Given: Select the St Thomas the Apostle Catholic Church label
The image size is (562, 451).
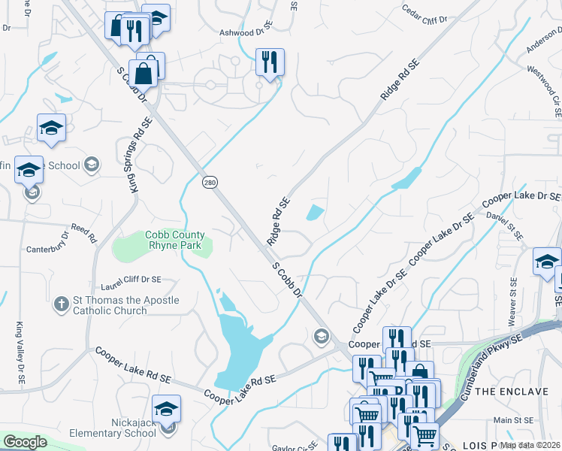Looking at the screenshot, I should point(125,305).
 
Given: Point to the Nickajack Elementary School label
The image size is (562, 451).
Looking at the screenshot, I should point(113,428).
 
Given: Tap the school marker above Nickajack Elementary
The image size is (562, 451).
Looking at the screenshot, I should point(166,409).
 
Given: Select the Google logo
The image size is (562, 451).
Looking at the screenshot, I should point(25,441).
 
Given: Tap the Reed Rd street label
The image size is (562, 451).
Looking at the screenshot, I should point(83,232).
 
